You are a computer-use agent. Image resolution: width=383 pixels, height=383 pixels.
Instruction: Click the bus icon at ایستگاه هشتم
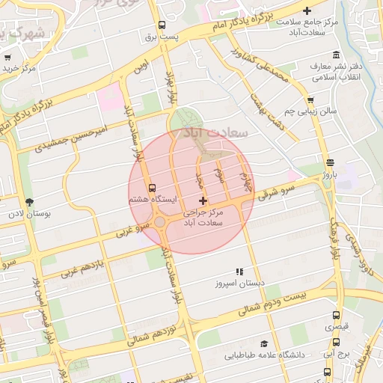point(153,187)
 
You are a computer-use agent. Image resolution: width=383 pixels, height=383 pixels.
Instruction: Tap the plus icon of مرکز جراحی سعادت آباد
point(203,200)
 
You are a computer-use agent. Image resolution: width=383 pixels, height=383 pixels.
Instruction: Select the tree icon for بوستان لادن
point(29,202)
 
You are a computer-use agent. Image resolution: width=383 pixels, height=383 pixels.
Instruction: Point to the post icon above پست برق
point(162,24)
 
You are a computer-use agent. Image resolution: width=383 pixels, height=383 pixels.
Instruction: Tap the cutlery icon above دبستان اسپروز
point(239,272)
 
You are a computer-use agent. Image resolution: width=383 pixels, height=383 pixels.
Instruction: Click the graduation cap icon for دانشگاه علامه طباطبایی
point(264,343)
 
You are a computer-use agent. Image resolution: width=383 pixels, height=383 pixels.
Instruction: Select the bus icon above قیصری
point(335,316)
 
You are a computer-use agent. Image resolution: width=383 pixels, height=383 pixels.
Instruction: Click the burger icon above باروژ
point(330,162)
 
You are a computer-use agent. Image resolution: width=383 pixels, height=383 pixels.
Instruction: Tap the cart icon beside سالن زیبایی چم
point(310,99)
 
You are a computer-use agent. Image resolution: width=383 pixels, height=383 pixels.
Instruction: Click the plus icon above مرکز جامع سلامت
point(306,9)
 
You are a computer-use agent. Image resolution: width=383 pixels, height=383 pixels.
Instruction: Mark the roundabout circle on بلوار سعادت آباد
point(160,222)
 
